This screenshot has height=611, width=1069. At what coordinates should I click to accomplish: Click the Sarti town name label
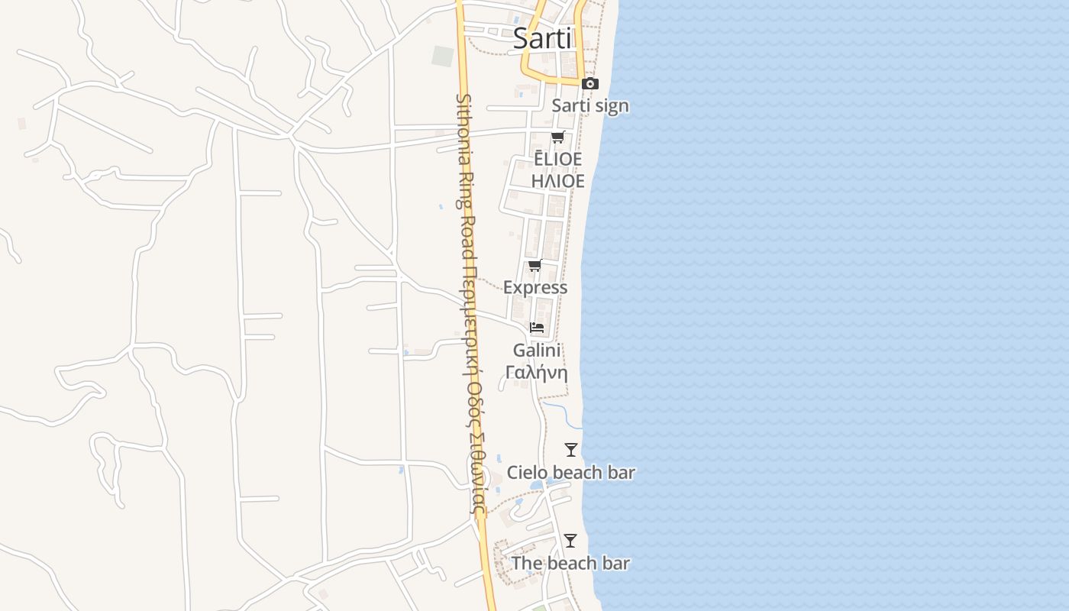[542, 38]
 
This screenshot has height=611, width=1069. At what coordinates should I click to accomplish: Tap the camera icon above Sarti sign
[590, 84]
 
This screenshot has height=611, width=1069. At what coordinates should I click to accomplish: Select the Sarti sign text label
[590, 105]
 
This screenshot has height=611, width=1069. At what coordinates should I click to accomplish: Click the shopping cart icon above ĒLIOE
[558, 137]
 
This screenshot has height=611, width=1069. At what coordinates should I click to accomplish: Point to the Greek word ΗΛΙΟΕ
[558, 181]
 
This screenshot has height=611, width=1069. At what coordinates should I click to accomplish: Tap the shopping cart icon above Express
[535, 266]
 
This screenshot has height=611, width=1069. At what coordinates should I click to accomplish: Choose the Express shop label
[535, 287]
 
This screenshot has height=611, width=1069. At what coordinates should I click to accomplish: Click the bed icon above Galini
[537, 328]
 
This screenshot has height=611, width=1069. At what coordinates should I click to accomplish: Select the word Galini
[537, 351]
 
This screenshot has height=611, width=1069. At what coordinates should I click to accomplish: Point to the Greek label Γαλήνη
[537, 373]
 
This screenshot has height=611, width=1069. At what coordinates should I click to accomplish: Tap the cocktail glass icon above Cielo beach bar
[571, 450]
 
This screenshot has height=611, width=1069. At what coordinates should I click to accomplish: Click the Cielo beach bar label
[571, 473]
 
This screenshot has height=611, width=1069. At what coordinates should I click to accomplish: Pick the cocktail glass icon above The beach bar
[570, 541]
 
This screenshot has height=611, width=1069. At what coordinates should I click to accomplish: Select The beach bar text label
[570, 564]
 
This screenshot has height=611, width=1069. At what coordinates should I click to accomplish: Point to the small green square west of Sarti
[443, 56]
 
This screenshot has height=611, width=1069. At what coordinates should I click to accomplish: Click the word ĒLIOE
[558, 159]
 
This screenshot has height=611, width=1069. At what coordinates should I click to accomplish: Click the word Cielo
[527, 473]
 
